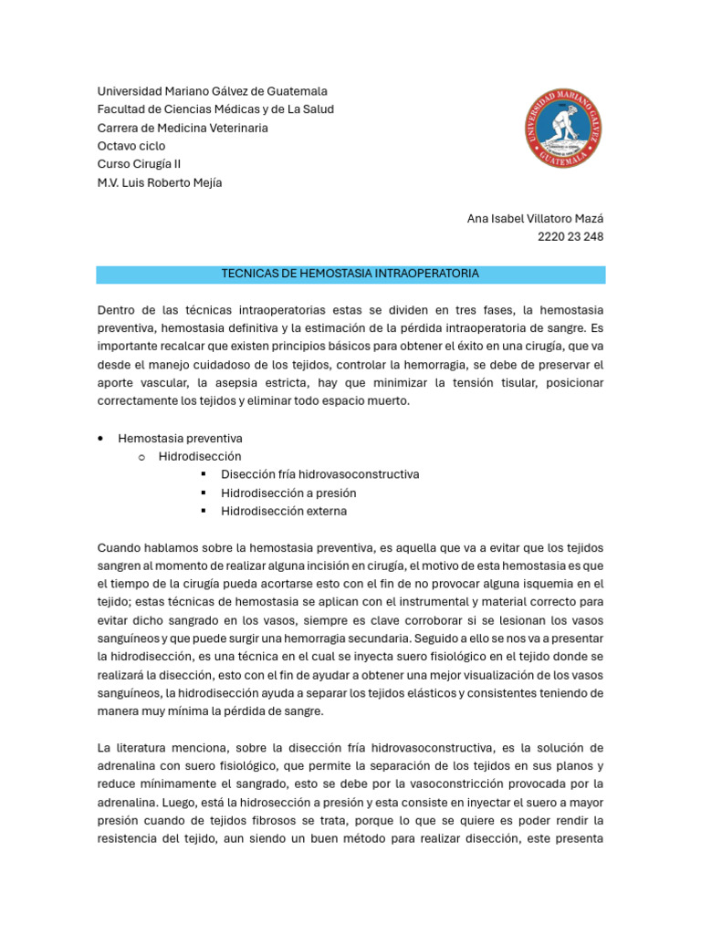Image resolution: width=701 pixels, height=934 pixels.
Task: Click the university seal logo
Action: pos(563,128)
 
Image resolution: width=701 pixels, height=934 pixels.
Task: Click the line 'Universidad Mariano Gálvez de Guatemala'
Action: pos(212,91)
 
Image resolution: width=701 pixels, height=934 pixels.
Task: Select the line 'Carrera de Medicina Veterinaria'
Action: pos(183,128)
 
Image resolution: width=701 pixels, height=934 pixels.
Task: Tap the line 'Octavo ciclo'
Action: pos(131,146)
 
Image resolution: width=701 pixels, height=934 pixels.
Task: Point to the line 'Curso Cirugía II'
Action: pos(140,164)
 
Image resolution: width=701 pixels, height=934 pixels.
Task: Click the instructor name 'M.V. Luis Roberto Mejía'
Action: pos(160,182)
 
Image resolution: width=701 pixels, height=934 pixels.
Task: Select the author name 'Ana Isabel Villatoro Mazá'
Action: pos(535,219)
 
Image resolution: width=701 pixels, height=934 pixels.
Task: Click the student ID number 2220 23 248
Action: pos(570,237)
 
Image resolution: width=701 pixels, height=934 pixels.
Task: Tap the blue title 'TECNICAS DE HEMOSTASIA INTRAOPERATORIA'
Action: pos(350,274)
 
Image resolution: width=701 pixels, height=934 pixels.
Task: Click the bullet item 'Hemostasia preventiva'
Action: pos(180,439)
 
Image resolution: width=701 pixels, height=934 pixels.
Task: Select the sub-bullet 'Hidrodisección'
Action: pos(200,456)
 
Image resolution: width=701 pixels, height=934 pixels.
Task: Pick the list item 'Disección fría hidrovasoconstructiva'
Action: pos(319,474)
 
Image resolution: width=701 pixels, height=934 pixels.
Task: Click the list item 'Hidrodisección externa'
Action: pos(284,511)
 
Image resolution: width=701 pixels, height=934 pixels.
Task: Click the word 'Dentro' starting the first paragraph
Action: pos(116,310)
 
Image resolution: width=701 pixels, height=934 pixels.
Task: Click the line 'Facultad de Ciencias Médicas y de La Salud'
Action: pos(215,109)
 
